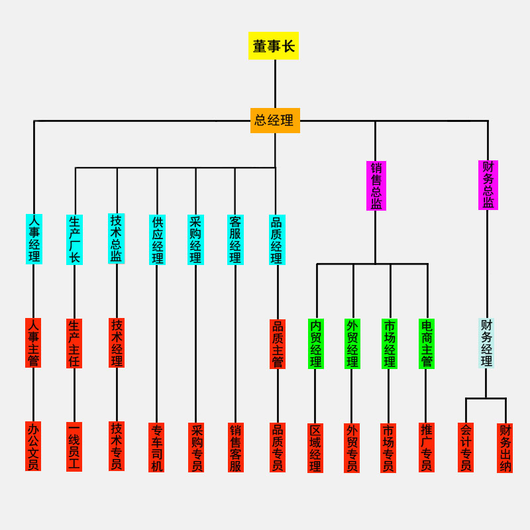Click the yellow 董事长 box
(274, 46)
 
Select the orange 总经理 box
(275, 121)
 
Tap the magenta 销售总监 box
(376, 185)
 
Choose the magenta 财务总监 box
(488, 185)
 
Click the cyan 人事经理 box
(34, 238)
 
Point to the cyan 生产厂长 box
(74, 239)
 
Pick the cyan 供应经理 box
(157, 239)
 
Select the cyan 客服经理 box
(235, 239)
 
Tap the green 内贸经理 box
(316, 344)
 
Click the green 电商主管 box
(426, 344)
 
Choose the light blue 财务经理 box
(486, 343)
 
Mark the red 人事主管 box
(33, 343)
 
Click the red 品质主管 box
(278, 344)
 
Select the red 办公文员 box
(33, 446)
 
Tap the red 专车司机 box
(156, 447)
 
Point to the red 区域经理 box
(315, 448)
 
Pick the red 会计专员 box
(466, 447)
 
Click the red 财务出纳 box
(505, 448)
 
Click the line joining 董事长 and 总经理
(275, 83)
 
